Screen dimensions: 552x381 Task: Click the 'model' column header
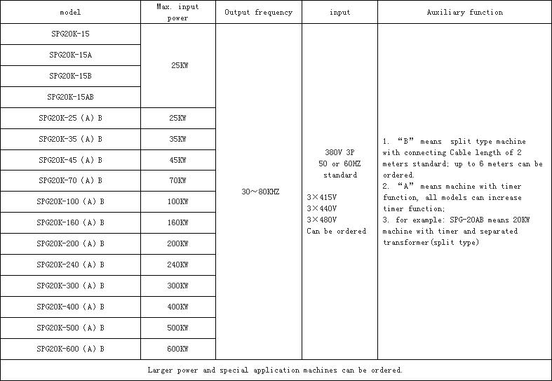[70, 13]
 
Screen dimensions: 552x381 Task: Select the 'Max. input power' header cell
[177, 13]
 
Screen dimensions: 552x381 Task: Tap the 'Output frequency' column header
[259, 13]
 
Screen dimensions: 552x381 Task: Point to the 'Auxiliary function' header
[465, 13]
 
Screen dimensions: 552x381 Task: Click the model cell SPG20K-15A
[70, 55]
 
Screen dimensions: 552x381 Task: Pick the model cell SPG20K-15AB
[70, 97]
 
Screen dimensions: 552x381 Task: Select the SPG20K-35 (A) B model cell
[70, 139]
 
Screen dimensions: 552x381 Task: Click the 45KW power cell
[177, 160]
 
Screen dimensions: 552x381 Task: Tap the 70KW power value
[177, 180]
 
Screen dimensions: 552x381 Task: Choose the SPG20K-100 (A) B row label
[70, 202]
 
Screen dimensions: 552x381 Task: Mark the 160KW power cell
[177, 222]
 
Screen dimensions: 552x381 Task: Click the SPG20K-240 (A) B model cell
[70, 265]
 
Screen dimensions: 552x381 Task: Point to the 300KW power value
[177, 286]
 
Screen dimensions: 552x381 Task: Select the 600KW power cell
[177, 349]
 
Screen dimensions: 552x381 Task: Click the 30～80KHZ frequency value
[260, 192]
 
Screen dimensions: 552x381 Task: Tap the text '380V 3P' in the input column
[339, 152]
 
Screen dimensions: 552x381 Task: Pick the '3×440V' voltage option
[322, 208]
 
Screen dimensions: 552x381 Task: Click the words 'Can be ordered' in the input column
[337, 231]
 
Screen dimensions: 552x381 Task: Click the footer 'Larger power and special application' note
[224, 370]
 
